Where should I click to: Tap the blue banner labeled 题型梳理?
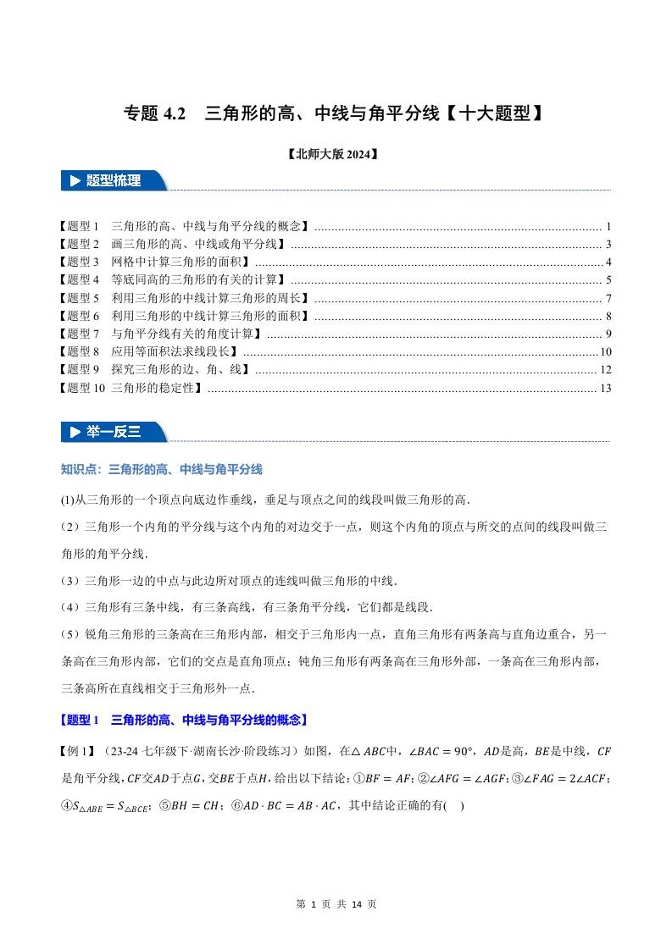tap(113, 180)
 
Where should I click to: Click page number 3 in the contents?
tap(608, 245)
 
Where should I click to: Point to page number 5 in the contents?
tap(608, 280)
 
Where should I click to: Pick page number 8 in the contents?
tap(608, 317)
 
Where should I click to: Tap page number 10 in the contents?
tap(605, 352)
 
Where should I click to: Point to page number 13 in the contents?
tap(605, 389)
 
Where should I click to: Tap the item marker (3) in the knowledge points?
tap(70, 581)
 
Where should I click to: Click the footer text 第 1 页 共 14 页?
tap(336, 903)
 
